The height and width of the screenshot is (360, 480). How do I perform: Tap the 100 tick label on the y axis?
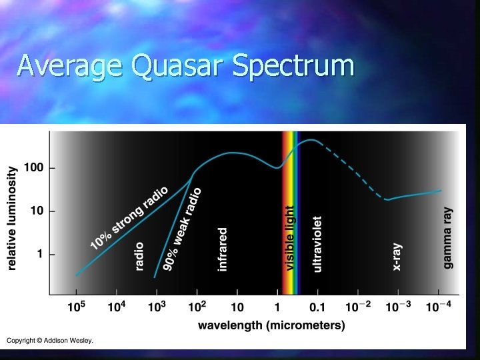pyautogui.click(x=35, y=168)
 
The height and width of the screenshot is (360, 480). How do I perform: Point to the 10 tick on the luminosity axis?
pyautogui.click(x=38, y=211)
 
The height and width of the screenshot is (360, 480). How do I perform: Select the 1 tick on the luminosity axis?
pyautogui.click(x=41, y=254)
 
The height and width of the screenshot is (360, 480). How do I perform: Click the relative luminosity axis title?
pyautogui.click(x=12, y=219)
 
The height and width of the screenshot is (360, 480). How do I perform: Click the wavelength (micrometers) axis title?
pyautogui.click(x=271, y=325)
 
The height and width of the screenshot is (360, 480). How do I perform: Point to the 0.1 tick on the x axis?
pyautogui.click(x=317, y=307)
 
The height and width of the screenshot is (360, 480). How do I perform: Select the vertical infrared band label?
pyautogui.click(x=223, y=249)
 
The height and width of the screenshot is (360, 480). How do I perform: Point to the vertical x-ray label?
pyautogui.click(x=397, y=257)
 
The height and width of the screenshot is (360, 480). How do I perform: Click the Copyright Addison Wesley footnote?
pyautogui.click(x=50, y=341)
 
